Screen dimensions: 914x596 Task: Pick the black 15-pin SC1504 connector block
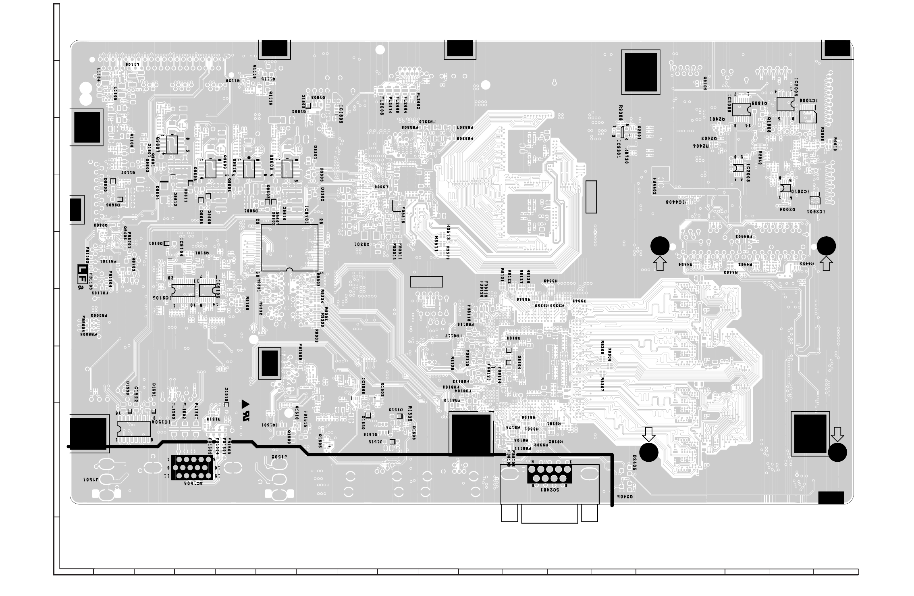coord(191,468)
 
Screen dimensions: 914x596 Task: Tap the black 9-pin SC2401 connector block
coord(549,474)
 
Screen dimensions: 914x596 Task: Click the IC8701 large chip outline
coord(289,248)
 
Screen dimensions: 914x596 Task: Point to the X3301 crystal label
coord(362,244)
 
